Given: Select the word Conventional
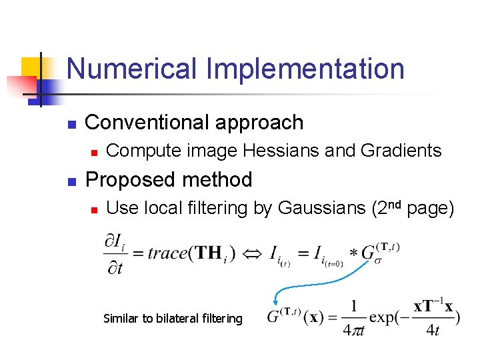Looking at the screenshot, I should click(143, 123).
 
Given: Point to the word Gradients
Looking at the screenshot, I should click(401, 151).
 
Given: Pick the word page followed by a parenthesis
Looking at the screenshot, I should click(429, 209).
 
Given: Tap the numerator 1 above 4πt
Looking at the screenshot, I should click(353, 306).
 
